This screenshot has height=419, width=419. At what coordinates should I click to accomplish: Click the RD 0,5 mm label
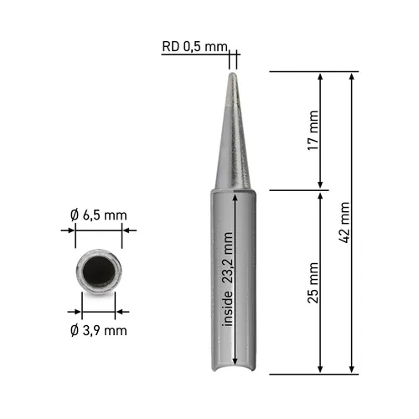[x=194, y=47]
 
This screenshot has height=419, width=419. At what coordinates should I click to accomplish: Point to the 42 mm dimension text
[x=344, y=221]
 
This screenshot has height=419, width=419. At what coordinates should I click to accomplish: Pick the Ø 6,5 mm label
[x=99, y=215]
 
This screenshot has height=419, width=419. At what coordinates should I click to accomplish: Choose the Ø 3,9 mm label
[x=99, y=329]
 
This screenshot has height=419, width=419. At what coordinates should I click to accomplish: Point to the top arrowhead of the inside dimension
[x=238, y=196]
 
